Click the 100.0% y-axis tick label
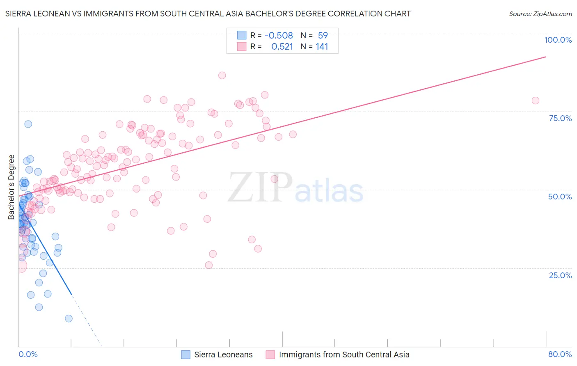coord(558,40)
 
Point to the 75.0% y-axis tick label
coord(560,118)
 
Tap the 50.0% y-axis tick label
coord(560,197)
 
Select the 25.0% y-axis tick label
coord(560,275)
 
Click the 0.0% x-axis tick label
coord(28,354)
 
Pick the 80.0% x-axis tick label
coord(560,354)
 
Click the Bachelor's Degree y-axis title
coord(11,187)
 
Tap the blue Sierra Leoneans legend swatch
coord(185,355)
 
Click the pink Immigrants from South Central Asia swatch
coord(270,355)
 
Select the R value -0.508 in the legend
coord(279,35)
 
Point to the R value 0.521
coord(282,46)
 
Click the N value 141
coord(322,46)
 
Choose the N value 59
coord(323,35)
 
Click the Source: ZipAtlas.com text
coord(540,14)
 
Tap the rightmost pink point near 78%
coord(535,101)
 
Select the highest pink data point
coord(222,75)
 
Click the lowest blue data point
coord(69,318)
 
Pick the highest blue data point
coord(28,124)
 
